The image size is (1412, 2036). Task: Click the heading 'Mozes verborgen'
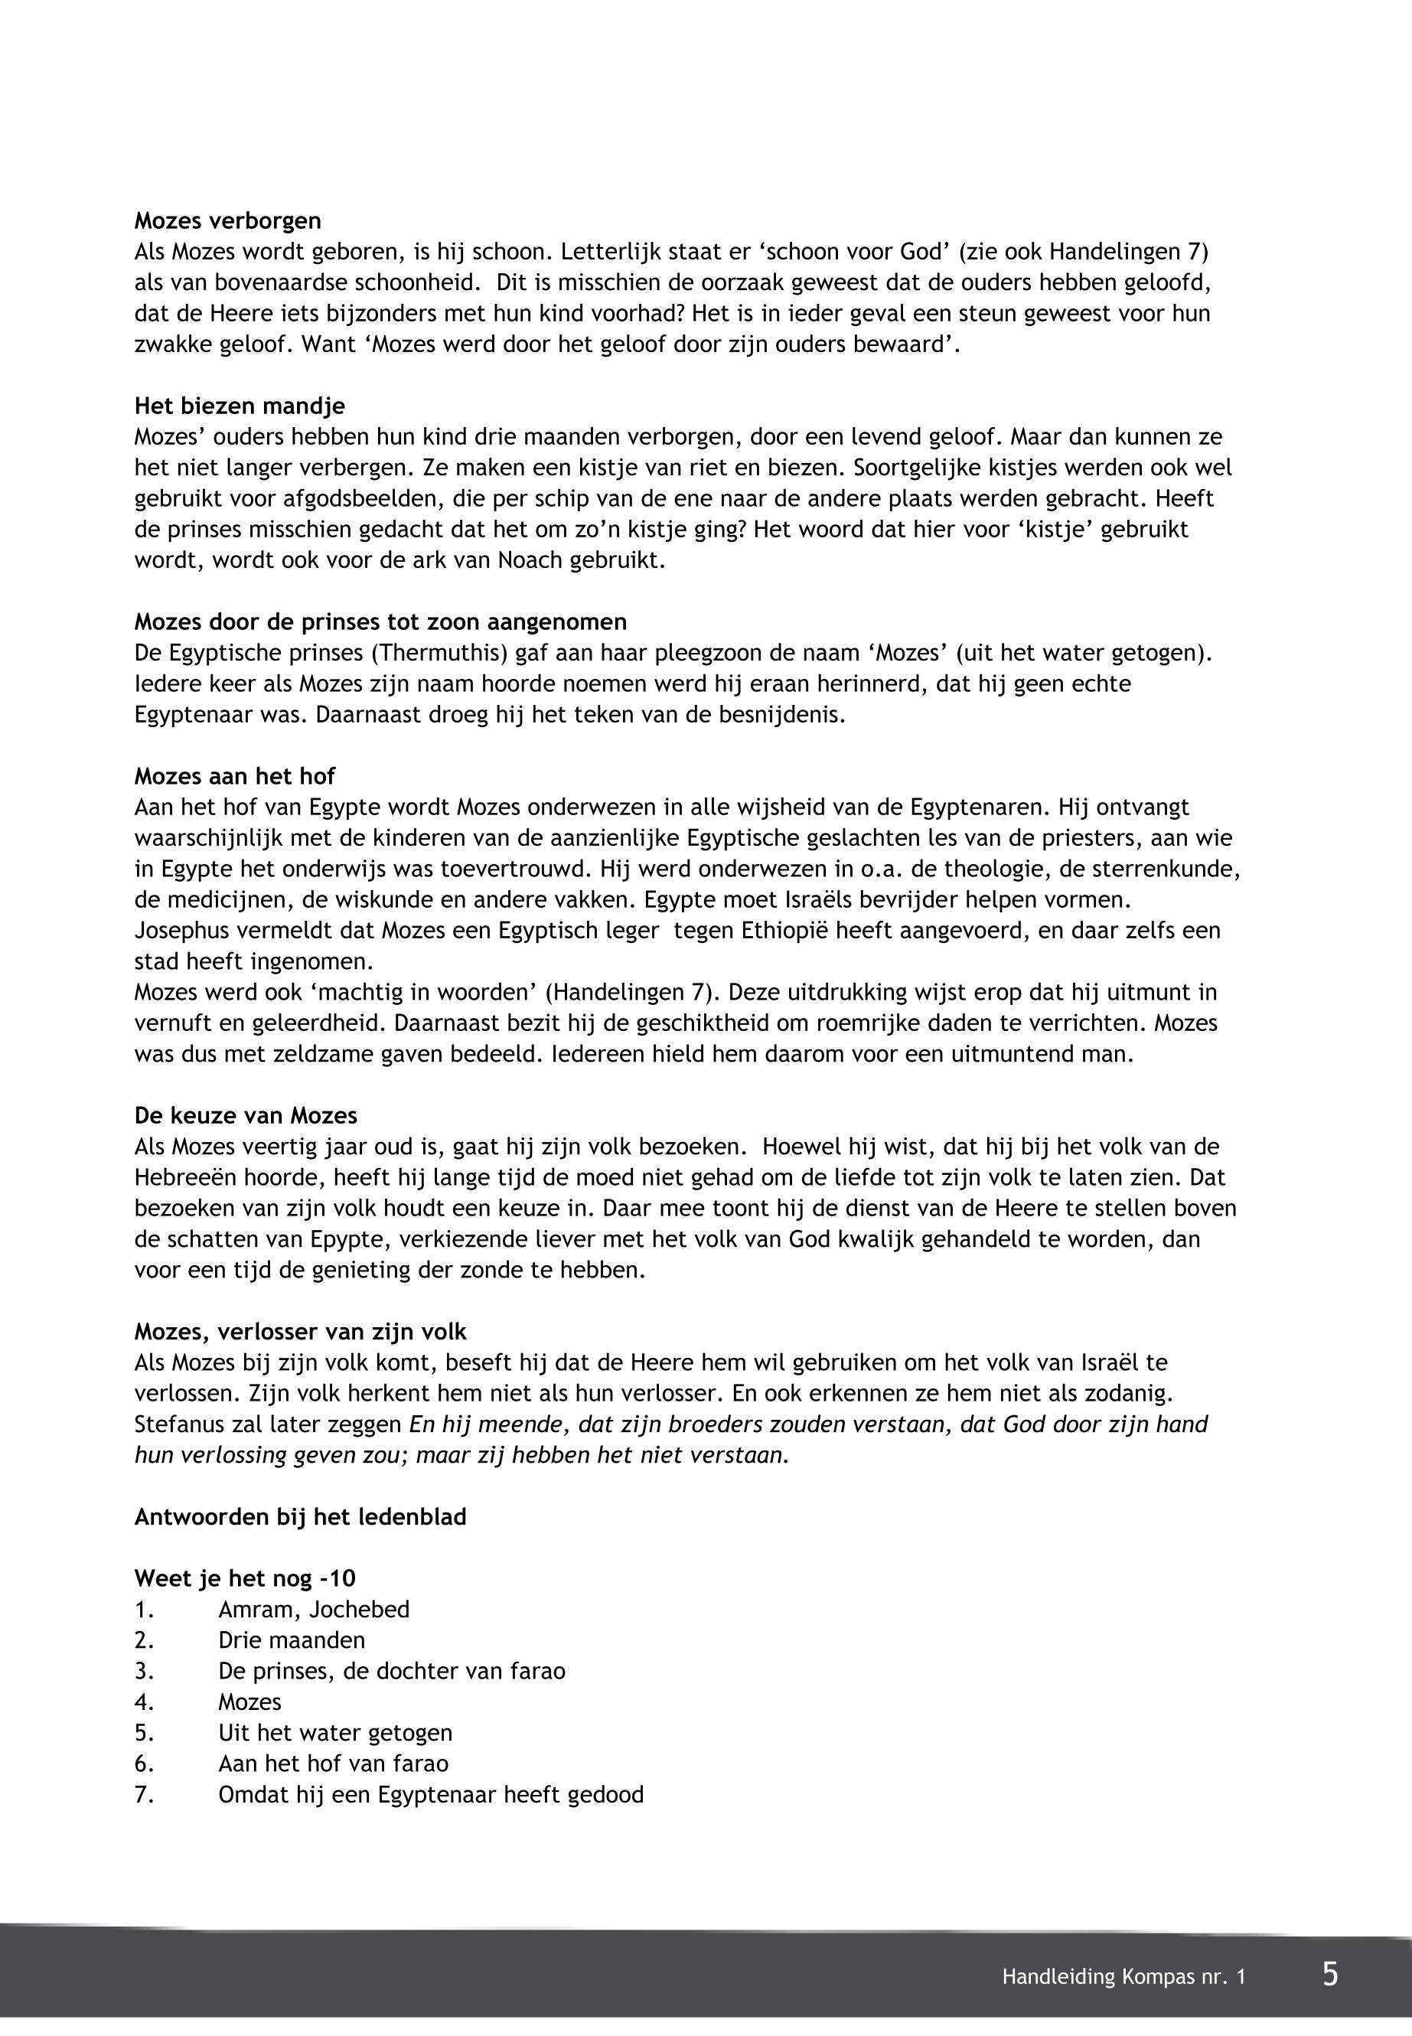tap(227, 220)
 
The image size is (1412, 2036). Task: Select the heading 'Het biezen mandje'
tap(239, 406)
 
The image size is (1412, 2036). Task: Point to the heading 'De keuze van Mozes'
tap(245, 1116)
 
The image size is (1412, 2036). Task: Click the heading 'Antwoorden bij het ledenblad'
tap(300, 1516)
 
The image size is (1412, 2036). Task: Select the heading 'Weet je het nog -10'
tap(245, 1578)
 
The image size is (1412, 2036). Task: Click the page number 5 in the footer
tap(1329, 1975)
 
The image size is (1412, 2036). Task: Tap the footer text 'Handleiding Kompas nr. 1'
tap(1123, 1977)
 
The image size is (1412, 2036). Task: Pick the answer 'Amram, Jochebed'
tap(313, 1610)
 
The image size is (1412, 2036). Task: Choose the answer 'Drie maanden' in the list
tap(291, 1640)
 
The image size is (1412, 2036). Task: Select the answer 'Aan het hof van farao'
tap(333, 1764)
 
